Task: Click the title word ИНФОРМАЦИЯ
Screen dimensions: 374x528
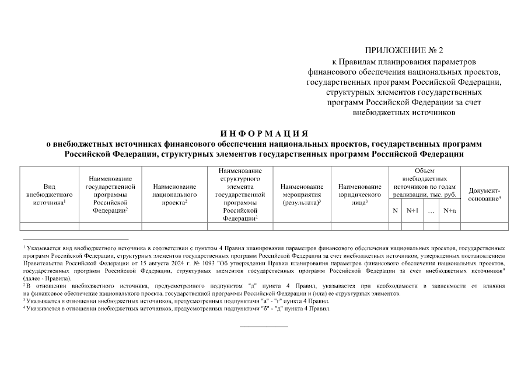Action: point(264,133)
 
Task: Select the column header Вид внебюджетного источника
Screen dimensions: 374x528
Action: point(50,194)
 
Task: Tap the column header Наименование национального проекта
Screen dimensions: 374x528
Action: point(174,194)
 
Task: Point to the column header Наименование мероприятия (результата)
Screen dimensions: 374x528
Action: point(302,194)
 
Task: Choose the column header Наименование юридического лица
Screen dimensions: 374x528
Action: point(359,194)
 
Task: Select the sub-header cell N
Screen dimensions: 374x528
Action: point(395,210)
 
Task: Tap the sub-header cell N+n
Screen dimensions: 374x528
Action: point(450,210)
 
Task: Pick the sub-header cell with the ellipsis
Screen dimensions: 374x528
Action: point(431,210)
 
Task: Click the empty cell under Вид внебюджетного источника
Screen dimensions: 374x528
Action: point(50,226)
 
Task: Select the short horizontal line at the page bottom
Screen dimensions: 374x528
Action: point(264,326)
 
